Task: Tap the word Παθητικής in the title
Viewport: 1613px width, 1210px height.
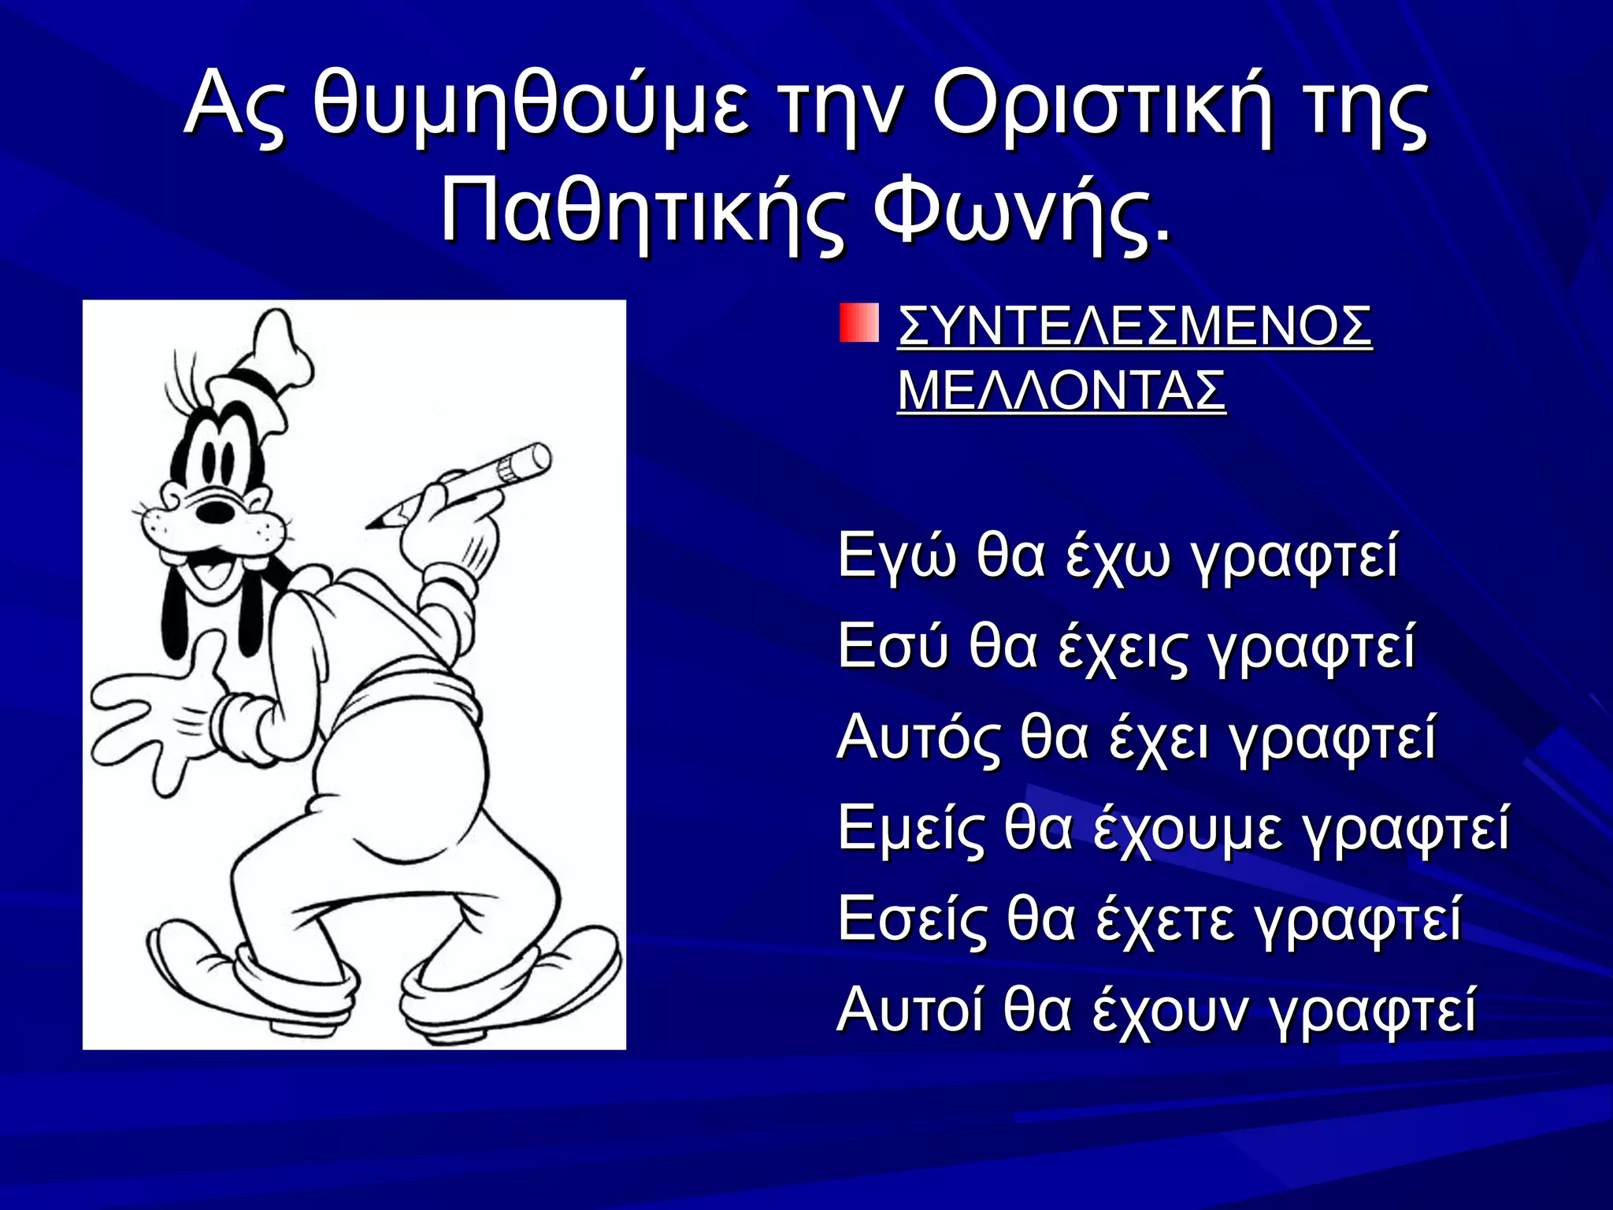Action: click(643, 211)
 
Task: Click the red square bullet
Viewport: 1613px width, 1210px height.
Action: click(858, 324)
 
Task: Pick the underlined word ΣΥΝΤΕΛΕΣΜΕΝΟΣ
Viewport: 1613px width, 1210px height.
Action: click(1134, 326)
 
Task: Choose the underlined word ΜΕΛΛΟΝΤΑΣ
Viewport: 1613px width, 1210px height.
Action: click(1062, 391)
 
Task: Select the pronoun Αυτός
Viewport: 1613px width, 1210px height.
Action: click(918, 738)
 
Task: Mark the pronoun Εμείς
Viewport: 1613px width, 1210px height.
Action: click(910, 830)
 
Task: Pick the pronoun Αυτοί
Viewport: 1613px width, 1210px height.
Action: click(910, 1011)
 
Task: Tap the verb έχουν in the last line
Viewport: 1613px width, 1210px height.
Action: click(1170, 1011)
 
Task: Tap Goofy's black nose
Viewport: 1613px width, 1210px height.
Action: click(215, 510)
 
